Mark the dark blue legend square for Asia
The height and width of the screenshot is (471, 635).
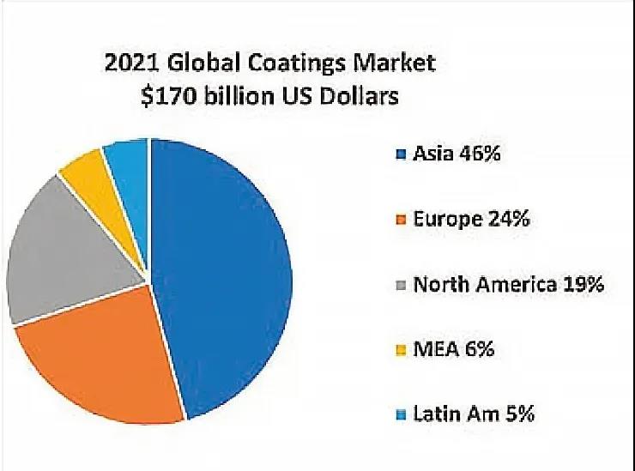click(400, 156)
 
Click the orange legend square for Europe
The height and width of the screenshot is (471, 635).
click(400, 220)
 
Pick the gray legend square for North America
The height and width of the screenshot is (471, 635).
click(400, 286)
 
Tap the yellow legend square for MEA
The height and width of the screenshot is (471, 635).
click(400, 351)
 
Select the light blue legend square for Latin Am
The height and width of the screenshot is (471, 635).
click(400, 415)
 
